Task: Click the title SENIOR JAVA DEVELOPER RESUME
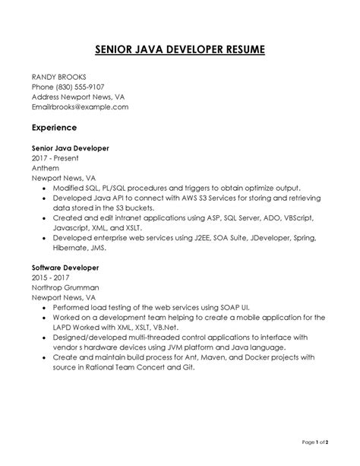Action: point(180,50)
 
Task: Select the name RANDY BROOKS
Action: point(58,77)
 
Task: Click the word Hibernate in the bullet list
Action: point(73,247)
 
